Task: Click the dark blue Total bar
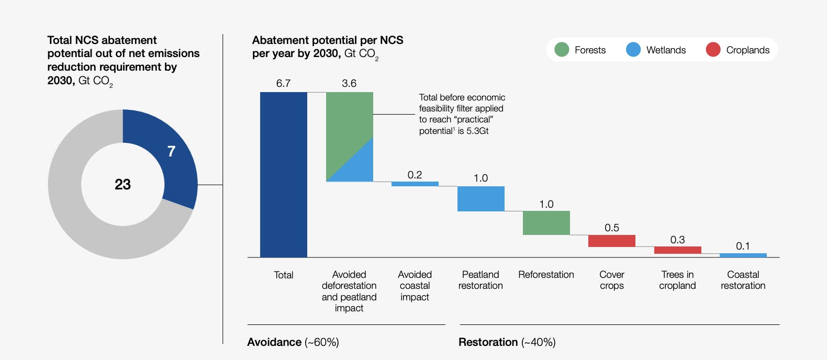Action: click(x=283, y=174)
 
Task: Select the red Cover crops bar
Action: click(x=611, y=241)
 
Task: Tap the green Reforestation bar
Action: click(x=546, y=223)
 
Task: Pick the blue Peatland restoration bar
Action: click(x=480, y=199)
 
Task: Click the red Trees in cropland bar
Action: click(x=677, y=250)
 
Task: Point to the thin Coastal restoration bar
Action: click(x=743, y=255)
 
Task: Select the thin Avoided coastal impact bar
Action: click(x=415, y=184)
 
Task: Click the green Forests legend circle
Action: click(x=562, y=50)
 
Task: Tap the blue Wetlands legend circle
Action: click(x=633, y=50)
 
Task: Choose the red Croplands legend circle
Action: click(x=713, y=50)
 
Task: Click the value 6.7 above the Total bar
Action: click(x=283, y=83)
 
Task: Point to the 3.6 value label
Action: click(x=349, y=83)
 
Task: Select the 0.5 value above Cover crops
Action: click(x=611, y=228)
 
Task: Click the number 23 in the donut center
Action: click(x=122, y=184)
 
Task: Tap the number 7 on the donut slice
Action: click(x=171, y=151)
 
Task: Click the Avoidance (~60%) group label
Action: click(x=293, y=342)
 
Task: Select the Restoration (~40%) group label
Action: click(x=507, y=342)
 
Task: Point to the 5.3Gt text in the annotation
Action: click(x=477, y=131)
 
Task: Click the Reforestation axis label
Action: click(x=546, y=275)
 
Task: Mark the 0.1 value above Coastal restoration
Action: click(x=743, y=246)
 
